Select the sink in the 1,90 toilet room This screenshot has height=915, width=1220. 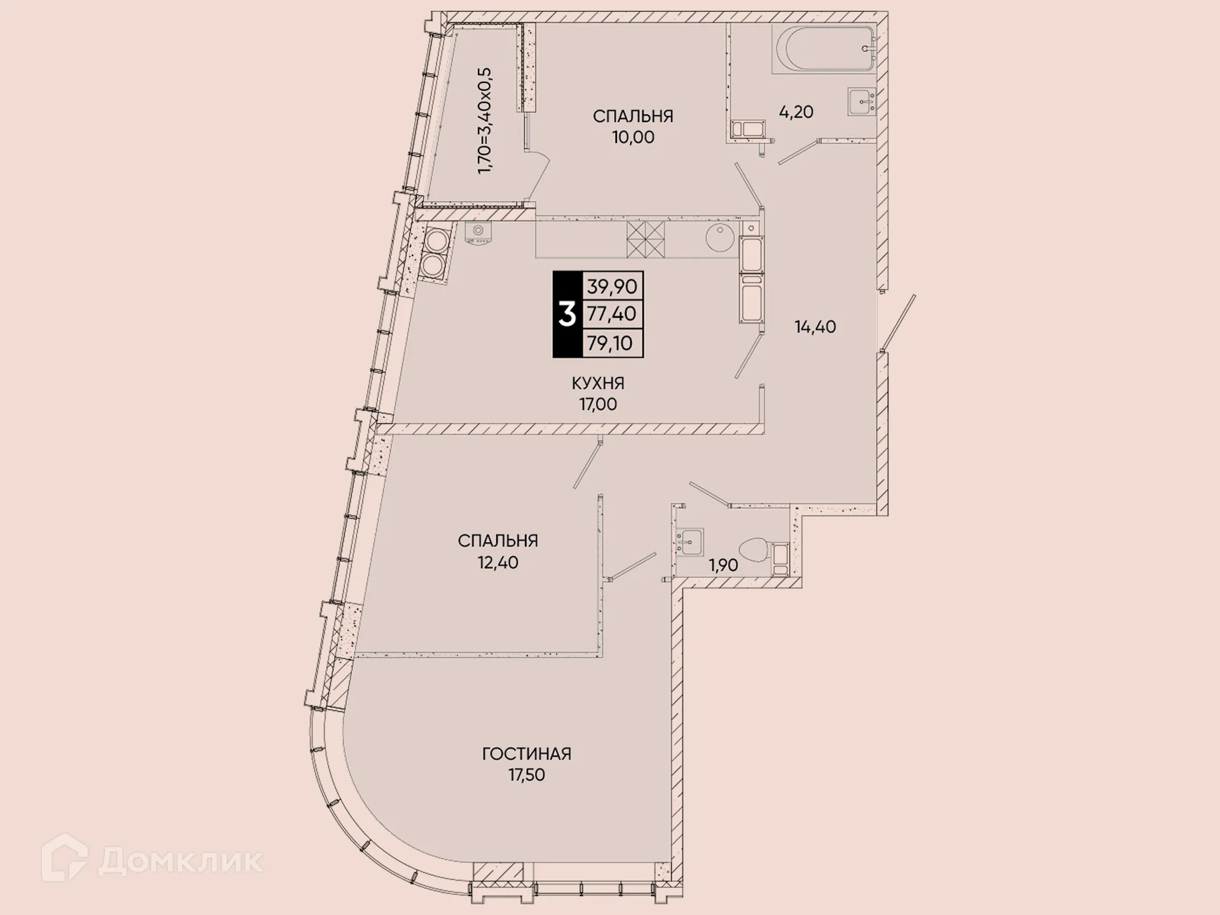click(689, 541)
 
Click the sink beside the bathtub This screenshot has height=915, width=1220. click(862, 102)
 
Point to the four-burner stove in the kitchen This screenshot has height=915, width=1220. click(645, 239)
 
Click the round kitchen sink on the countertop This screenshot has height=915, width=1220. click(719, 238)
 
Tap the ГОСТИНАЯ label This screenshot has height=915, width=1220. click(526, 754)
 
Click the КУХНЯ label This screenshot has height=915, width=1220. click(597, 383)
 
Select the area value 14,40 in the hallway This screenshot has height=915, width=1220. click(815, 327)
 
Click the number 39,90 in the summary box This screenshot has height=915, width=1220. click(611, 286)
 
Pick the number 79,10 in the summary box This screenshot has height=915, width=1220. click(609, 343)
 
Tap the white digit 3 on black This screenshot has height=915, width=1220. click(567, 315)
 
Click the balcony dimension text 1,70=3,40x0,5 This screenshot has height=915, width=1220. click(485, 121)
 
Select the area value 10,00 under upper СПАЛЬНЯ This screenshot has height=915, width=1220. click(633, 137)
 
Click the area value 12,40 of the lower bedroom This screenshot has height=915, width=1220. click(498, 562)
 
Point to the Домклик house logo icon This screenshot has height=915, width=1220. click(64, 858)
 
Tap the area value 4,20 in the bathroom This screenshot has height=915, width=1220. click(796, 112)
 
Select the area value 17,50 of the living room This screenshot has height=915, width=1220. click(526, 775)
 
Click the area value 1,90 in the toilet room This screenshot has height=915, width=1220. click(723, 565)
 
